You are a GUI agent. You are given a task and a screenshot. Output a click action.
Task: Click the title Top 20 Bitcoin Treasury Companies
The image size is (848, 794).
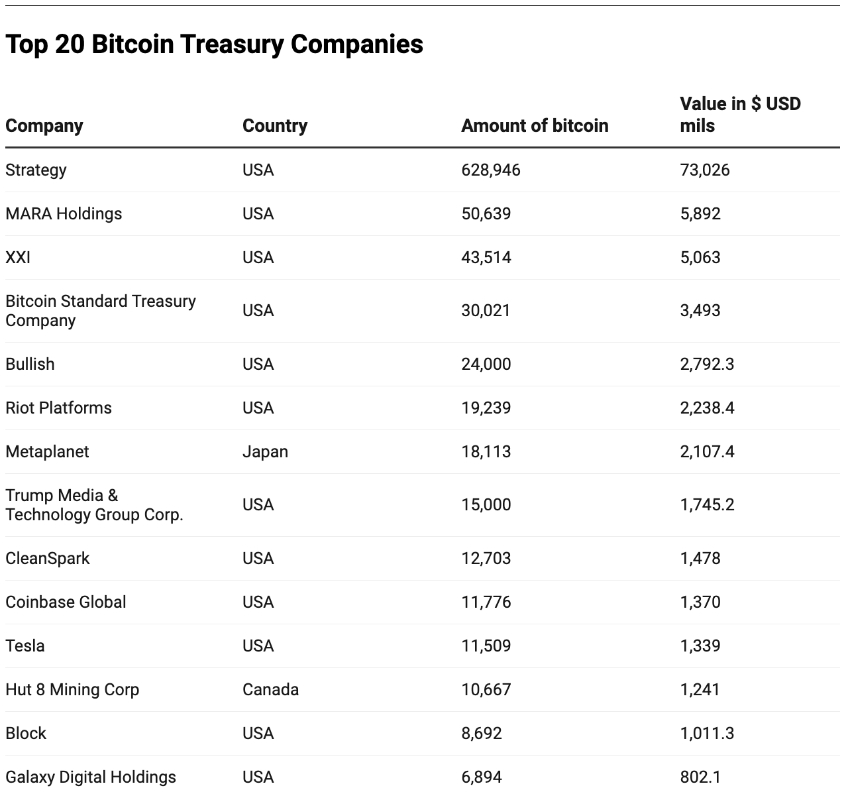coord(214,44)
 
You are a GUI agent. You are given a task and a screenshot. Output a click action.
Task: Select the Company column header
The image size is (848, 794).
coord(44,126)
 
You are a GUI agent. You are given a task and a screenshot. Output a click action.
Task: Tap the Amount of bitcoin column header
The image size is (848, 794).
coord(534,126)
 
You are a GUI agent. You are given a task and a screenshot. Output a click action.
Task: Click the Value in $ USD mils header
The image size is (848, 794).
coord(739,115)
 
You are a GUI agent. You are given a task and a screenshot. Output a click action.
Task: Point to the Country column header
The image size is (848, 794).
coord(275,126)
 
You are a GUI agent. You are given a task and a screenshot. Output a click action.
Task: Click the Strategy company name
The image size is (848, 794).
coord(36,170)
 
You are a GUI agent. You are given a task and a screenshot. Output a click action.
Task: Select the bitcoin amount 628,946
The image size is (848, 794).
coord(490,170)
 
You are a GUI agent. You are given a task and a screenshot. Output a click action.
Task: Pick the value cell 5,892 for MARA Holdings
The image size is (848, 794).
coord(700,214)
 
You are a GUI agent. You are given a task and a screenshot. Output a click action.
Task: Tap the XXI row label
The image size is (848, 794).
coord(18,258)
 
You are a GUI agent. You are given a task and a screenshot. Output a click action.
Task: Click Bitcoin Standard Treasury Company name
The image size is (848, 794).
coord(100,311)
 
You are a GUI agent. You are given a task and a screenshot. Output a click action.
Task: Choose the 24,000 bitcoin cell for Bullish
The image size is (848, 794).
coord(486,365)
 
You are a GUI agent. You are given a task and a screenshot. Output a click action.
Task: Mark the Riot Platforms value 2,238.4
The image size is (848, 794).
coord(706,408)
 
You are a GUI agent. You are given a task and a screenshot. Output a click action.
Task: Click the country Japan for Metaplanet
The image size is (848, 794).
coord(265,452)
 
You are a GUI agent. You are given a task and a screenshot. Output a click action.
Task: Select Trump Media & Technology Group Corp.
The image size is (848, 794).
coord(93,505)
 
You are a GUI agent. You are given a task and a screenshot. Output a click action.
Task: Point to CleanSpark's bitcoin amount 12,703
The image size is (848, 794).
coord(486,559)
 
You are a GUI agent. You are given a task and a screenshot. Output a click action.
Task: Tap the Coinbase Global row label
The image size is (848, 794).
coord(66,602)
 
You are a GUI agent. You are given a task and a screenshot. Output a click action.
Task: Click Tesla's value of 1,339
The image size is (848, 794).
coord(700,646)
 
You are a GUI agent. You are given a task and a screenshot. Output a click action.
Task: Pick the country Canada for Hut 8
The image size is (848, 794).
coord(270,690)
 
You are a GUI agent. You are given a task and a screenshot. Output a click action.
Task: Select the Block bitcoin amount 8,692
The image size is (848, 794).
coord(481,734)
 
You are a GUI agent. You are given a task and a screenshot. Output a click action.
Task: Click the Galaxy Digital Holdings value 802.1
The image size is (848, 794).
coord(700,777)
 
